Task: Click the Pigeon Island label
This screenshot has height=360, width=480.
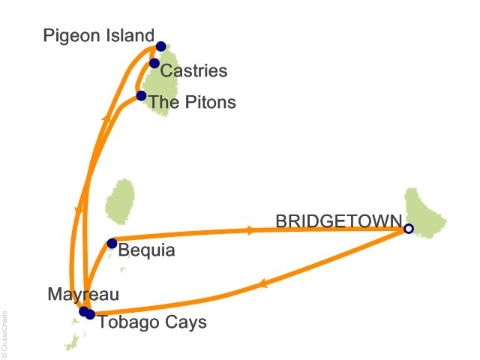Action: coord(98,35)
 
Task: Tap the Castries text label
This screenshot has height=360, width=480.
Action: coord(194,71)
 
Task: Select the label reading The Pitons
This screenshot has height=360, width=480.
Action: coord(192,101)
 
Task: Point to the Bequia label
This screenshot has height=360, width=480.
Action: coord(147,250)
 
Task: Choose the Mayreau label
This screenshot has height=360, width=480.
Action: coord(82,294)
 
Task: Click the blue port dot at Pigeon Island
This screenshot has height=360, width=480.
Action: coord(160,46)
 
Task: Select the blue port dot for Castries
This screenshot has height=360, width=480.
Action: coord(154,63)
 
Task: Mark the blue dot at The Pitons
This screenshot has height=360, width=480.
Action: coord(141,96)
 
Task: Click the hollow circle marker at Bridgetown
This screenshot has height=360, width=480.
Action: coord(409,229)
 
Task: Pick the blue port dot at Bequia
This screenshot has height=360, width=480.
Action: coord(112,243)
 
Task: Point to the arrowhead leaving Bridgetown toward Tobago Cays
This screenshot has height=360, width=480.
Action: coord(263,284)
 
